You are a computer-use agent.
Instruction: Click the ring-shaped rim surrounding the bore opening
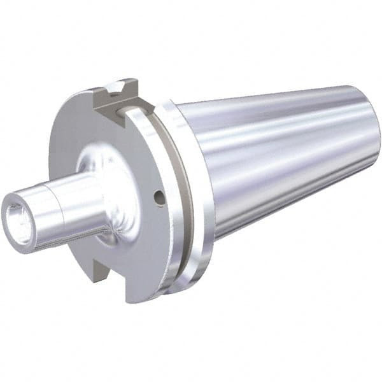[11, 210]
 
